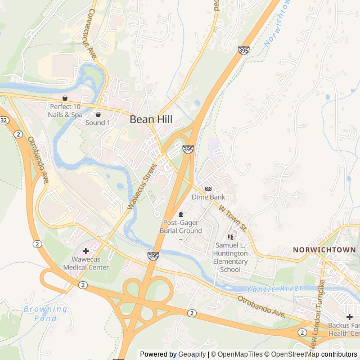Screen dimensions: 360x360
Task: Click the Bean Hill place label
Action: [x=151, y=119]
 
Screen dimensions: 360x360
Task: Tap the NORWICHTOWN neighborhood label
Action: [x=324, y=250]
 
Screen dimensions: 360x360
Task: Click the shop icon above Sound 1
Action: [x=98, y=114]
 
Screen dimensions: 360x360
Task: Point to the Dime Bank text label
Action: [x=208, y=197]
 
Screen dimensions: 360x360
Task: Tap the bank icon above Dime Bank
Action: [x=208, y=188]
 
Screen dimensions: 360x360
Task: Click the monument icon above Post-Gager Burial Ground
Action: [x=181, y=214]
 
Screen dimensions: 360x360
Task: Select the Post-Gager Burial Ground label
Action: [x=181, y=227]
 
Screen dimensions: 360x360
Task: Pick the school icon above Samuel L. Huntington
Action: [x=230, y=237]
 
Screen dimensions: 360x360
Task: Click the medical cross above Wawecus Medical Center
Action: [x=85, y=250]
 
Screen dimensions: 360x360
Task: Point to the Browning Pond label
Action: [x=45, y=313]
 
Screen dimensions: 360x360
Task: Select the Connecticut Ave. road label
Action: [x=91, y=34]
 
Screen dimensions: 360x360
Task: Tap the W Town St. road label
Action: [x=233, y=218]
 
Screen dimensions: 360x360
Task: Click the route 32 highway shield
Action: [x=3, y=120]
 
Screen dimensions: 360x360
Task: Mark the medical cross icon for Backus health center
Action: [x=349, y=317]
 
